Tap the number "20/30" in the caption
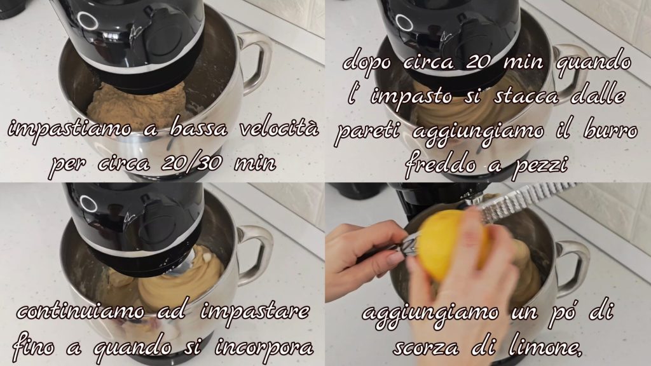click(191, 163)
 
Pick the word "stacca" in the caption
click(526, 97)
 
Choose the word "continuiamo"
click(81, 311)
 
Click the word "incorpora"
click(264, 346)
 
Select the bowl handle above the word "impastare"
click(256, 252)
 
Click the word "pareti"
click(366, 132)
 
